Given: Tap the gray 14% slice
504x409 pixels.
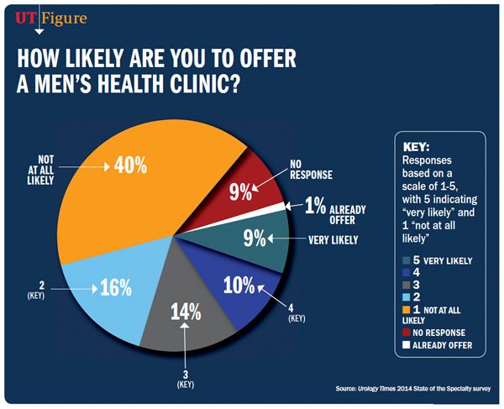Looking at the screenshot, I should click(x=185, y=323).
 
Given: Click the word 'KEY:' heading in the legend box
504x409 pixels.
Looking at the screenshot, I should click(x=418, y=144).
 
